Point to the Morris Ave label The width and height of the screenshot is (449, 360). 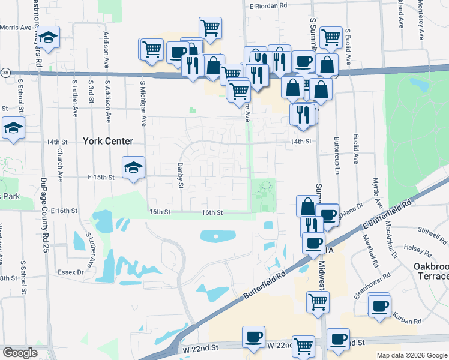click(x=16, y=27)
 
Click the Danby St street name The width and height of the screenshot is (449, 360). click(x=179, y=175)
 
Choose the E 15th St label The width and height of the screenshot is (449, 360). click(x=100, y=178)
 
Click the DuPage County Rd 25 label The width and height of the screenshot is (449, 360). click(x=44, y=217)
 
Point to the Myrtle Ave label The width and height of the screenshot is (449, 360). click(x=375, y=191)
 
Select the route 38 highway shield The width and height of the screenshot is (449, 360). click(x=5, y=72)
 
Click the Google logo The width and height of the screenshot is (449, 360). click(x=20, y=353)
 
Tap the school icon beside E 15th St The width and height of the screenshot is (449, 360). click(x=133, y=167)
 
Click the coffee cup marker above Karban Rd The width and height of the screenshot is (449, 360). click(x=379, y=305)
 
